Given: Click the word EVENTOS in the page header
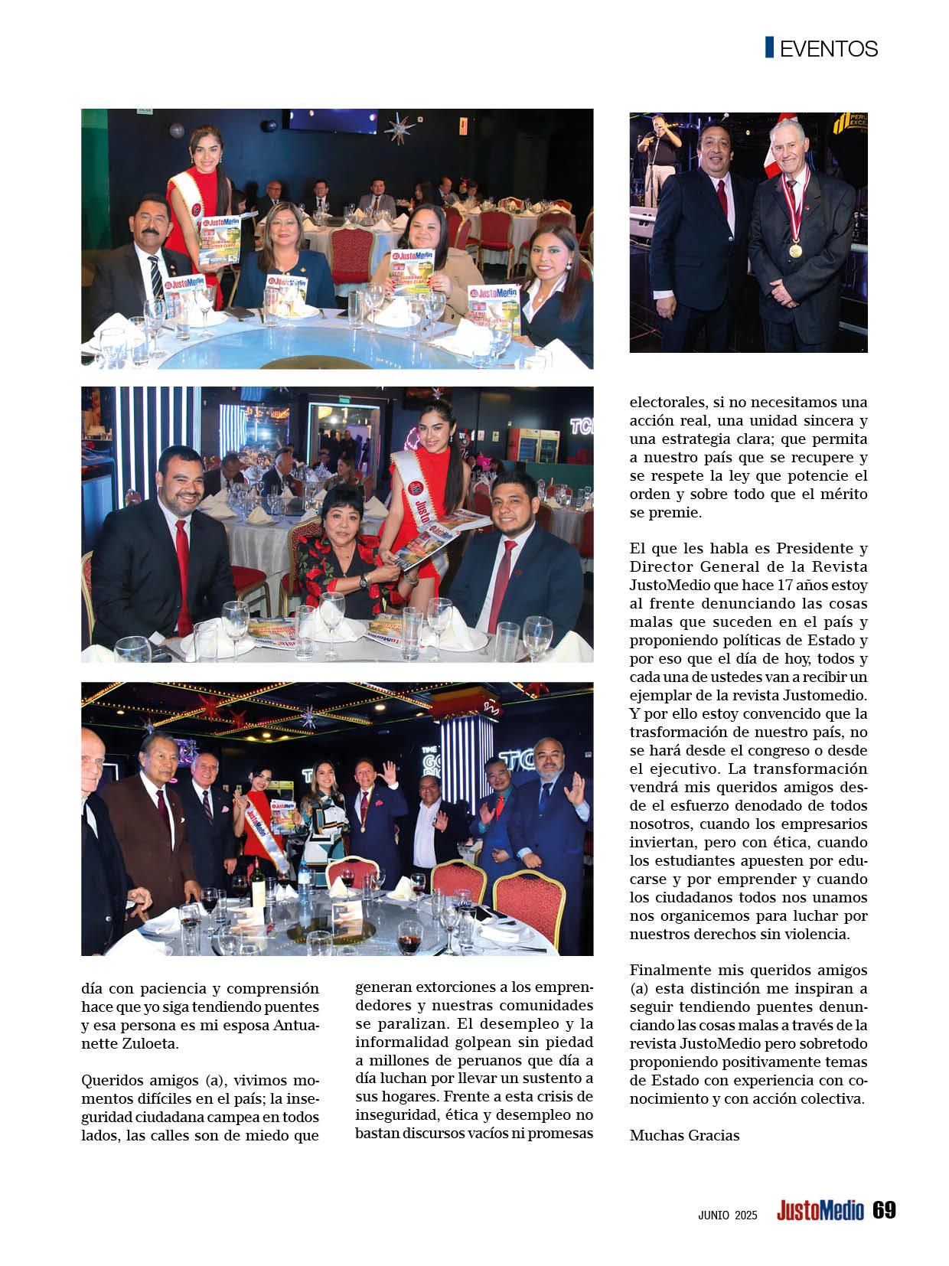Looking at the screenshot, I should pos(828,49).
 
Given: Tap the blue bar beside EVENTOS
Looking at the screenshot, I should pos(769,47).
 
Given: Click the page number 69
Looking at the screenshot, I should pos(884,1211).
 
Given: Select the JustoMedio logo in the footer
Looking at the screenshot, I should pos(820,1212).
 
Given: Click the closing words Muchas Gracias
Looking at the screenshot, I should pos(684,1135).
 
